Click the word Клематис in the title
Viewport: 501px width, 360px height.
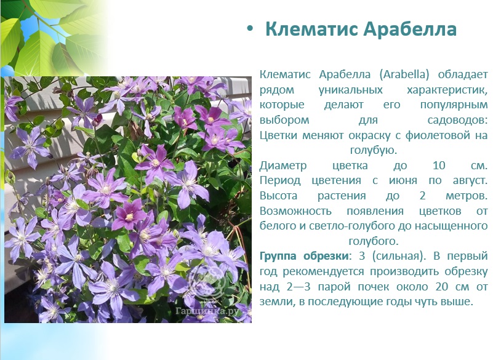311,29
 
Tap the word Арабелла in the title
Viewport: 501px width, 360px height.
410,29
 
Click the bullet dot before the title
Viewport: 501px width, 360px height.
250,29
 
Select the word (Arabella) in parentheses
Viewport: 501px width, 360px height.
404,74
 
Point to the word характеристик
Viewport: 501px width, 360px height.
447,90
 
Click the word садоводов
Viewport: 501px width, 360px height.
457,120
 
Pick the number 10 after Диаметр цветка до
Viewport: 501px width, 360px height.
439,166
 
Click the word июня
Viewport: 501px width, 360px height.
403,181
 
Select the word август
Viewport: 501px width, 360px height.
470,181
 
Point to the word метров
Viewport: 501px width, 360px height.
467,196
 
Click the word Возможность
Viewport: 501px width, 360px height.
295,211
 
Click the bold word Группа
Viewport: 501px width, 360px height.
278,257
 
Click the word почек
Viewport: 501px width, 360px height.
373,287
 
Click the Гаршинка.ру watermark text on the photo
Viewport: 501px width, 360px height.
207,311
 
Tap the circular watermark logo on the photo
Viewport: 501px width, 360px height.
207,281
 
